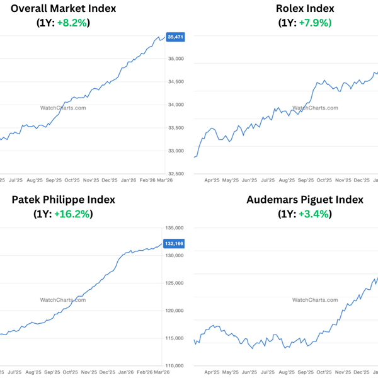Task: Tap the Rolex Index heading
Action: click(305, 9)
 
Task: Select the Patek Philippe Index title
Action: click(63, 200)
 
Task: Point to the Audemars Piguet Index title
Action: click(305, 200)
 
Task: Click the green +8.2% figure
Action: click(73, 23)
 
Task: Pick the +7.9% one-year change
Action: click(315, 23)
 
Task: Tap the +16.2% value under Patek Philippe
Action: click(73, 214)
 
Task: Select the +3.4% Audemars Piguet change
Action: click(315, 214)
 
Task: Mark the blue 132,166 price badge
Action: click(175, 243)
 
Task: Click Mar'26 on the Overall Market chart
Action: click(164, 180)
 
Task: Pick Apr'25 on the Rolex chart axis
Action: click(212, 180)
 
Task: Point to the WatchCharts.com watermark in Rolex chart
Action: click(315, 108)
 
